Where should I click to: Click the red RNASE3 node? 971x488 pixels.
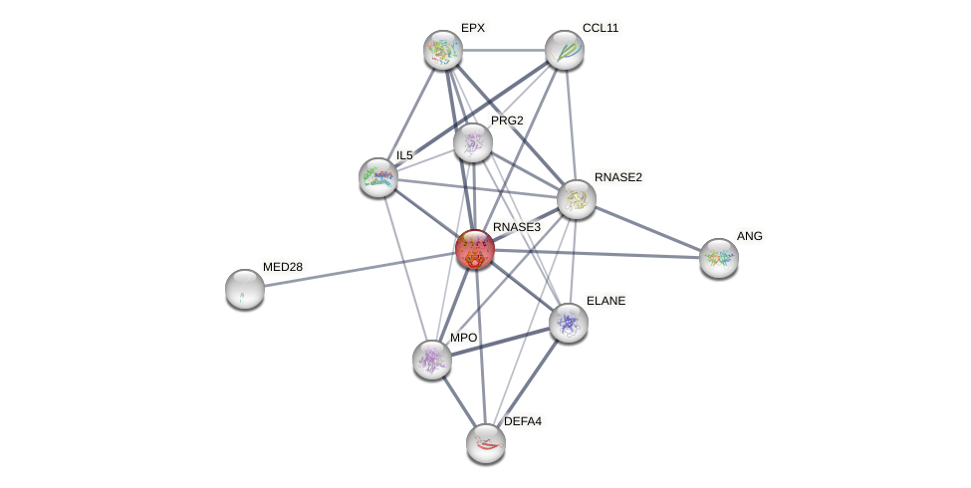[475, 249]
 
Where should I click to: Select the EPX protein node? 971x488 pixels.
[443, 50]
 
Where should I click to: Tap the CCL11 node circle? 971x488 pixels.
[565, 50]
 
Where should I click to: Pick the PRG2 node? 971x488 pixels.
[473, 142]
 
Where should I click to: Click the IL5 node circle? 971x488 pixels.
[378, 177]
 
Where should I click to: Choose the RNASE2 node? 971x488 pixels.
[577, 199]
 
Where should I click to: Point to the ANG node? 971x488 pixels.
[718, 258]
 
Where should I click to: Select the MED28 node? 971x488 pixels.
[245, 289]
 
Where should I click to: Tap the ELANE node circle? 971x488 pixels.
[569, 323]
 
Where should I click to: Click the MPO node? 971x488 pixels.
[432, 360]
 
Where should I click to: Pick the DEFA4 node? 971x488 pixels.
[486, 443]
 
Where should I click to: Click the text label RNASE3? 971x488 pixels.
[516, 227]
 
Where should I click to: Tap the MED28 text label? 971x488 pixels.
[283, 267]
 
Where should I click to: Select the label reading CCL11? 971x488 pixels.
[601, 28]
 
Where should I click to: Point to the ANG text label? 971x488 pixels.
[749, 236]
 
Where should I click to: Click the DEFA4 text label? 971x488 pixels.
[522, 421]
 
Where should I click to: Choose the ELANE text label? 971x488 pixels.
[605, 301]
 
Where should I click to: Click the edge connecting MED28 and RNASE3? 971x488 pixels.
[359, 269]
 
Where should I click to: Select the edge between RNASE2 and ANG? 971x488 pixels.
[647, 228]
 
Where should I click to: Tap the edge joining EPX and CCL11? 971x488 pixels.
[504, 50]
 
